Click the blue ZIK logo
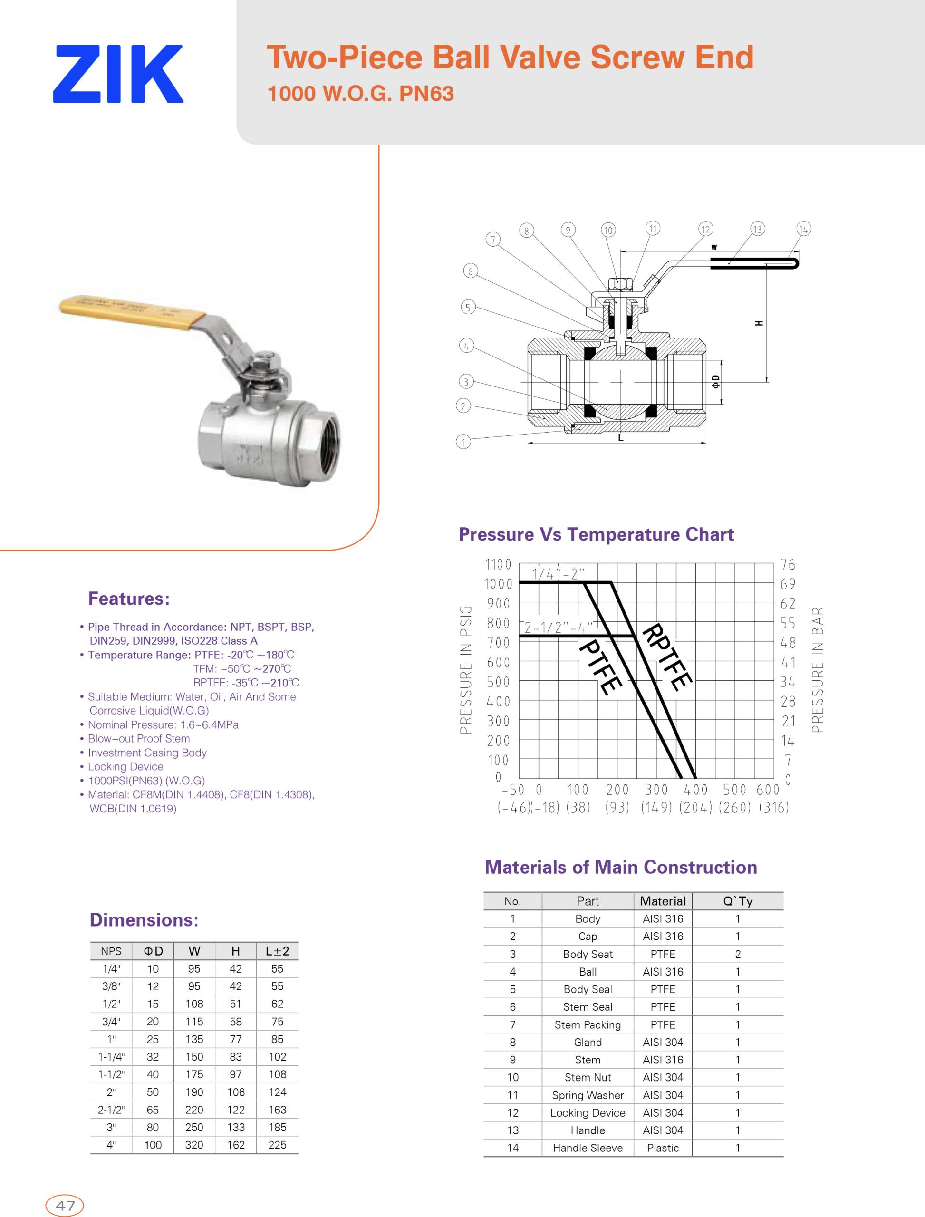point(118,74)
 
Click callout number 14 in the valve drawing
point(803,229)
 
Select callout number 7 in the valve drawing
point(493,239)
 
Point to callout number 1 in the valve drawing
point(463,442)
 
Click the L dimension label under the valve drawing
point(620,438)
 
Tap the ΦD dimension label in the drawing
point(715,382)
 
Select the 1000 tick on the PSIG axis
point(498,584)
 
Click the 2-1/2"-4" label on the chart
point(557,627)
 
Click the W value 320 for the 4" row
point(194,1145)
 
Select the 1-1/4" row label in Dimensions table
point(111,1057)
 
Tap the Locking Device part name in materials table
point(588,1112)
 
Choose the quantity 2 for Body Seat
point(737,954)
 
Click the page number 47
point(65,1206)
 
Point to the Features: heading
point(129,599)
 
